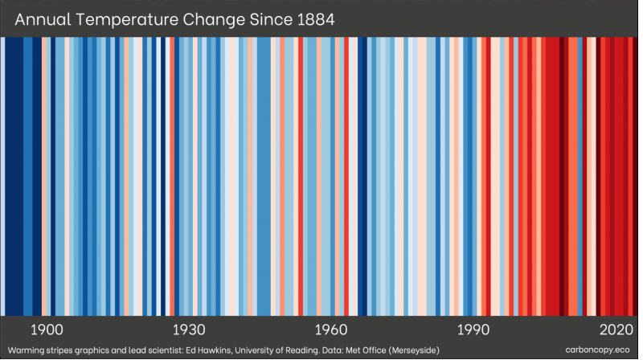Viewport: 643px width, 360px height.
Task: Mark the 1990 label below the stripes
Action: pyautogui.click(x=474, y=330)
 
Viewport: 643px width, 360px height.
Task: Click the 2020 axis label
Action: pyautogui.click(x=616, y=330)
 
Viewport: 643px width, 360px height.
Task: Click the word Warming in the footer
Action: pyautogui.click(x=23, y=350)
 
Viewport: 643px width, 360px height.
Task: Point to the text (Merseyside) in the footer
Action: pyautogui.click(x=452, y=350)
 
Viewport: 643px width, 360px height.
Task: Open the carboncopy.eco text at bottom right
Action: pyautogui.click(x=600, y=350)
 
